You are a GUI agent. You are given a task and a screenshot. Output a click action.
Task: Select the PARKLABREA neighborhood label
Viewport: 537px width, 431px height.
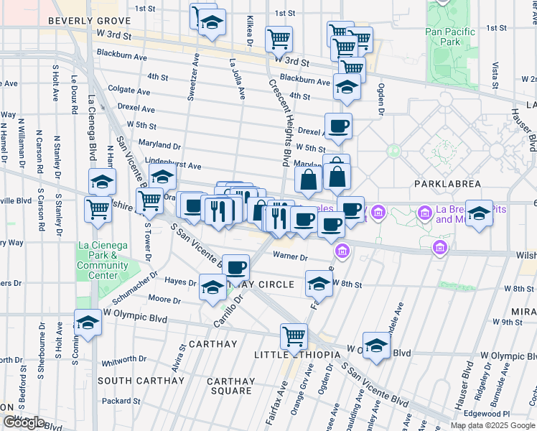coord(447,184)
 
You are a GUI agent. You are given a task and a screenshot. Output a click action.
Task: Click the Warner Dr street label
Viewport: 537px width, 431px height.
coord(290,256)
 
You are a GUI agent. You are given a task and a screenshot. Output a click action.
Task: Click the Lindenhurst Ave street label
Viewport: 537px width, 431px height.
coord(173,165)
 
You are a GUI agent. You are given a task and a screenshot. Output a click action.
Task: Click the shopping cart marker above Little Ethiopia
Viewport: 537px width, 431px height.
coord(294,336)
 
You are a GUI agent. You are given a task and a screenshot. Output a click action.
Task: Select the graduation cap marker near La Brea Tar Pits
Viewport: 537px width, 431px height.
coord(479,213)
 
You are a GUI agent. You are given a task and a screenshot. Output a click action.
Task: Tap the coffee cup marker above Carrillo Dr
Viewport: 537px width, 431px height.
coord(235,267)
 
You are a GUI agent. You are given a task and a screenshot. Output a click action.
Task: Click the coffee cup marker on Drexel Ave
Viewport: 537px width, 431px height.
coord(338,126)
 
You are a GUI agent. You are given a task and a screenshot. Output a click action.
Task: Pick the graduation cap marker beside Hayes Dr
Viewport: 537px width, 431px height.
coord(213,287)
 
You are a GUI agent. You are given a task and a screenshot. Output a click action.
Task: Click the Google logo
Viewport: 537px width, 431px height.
coord(24,422)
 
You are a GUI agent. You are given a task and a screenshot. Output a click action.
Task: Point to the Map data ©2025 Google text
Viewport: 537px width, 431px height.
coord(492,425)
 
